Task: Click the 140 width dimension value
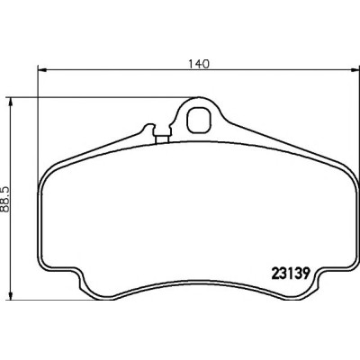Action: click(x=198, y=64)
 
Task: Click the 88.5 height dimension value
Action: click(x=4, y=199)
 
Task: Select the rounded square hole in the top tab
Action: click(x=199, y=120)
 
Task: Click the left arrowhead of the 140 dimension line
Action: click(x=42, y=70)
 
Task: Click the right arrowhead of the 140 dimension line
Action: click(x=355, y=70)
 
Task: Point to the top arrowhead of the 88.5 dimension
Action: click(x=11, y=103)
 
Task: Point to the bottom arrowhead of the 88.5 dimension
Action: click(x=11, y=296)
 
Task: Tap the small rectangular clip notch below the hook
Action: click(x=162, y=139)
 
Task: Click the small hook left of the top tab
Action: click(x=148, y=128)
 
